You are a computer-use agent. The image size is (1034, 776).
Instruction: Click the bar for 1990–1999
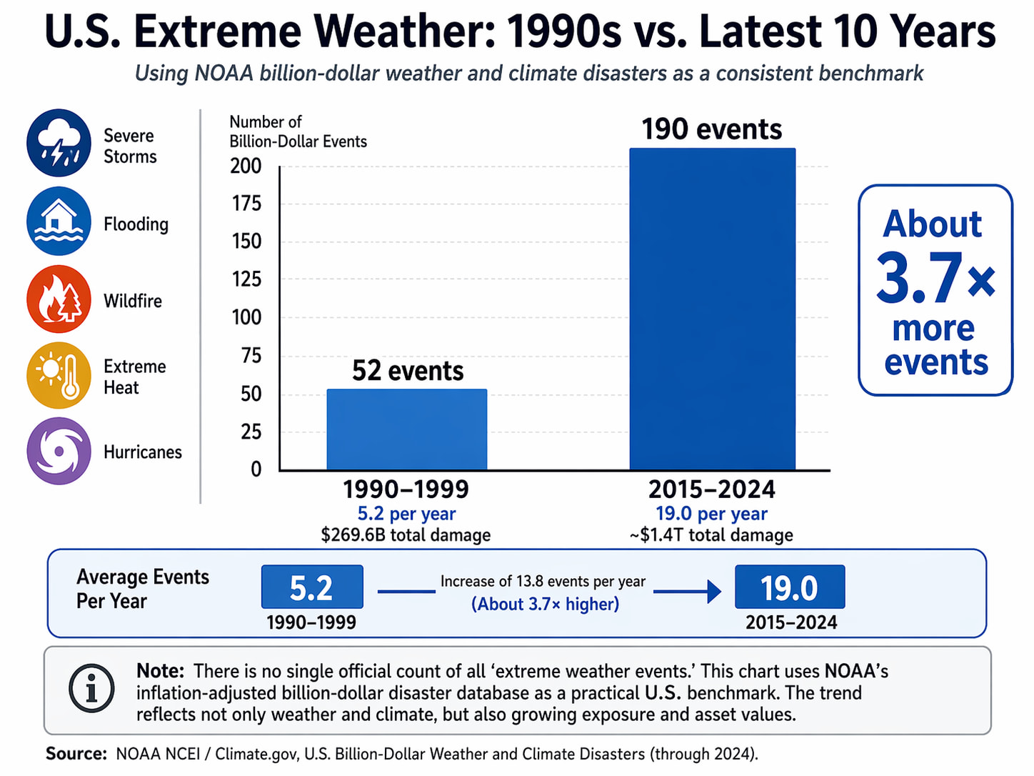(x=406, y=429)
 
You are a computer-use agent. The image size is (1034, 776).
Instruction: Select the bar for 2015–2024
(x=712, y=309)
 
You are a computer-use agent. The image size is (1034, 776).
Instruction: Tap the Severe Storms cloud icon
(x=59, y=143)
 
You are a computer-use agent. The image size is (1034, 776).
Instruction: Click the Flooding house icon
(x=59, y=221)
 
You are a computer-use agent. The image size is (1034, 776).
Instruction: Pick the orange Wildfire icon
(x=59, y=299)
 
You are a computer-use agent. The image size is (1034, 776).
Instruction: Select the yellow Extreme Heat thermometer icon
(x=59, y=375)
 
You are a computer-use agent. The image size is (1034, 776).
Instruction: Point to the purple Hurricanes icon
(x=59, y=452)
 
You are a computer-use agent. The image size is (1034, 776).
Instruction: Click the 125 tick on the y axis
(x=246, y=279)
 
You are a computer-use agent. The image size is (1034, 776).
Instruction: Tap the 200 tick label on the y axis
(x=246, y=166)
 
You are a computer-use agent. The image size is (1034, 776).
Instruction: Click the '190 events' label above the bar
(x=711, y=129)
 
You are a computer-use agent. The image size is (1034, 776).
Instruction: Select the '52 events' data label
(x=407, y=371)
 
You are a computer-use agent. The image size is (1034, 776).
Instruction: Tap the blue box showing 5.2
(x=312, y=587)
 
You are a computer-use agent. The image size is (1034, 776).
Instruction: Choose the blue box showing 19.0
(x=789, y=587)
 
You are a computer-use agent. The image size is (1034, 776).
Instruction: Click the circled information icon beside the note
(x=91, y=689)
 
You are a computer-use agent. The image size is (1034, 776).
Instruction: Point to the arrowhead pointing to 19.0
(x=713, y=592)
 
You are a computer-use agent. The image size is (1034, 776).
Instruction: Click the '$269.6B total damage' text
(x=406, y=535)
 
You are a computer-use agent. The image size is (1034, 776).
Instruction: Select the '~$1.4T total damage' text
(x=711, y=535)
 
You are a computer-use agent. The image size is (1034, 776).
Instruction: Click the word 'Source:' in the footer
(x=76, y=754)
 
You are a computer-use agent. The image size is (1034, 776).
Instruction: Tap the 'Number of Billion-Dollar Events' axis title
(x=298, y=131)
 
